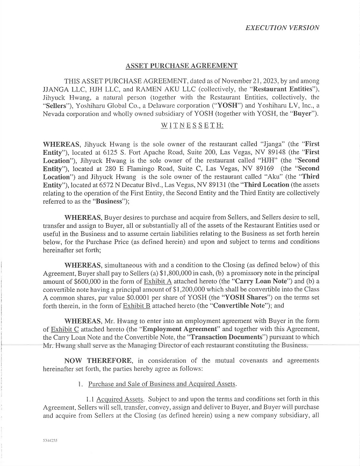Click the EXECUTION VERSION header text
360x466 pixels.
[282, 28]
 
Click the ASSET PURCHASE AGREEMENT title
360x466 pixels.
[181, 66]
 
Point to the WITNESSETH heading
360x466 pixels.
[192, 125]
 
